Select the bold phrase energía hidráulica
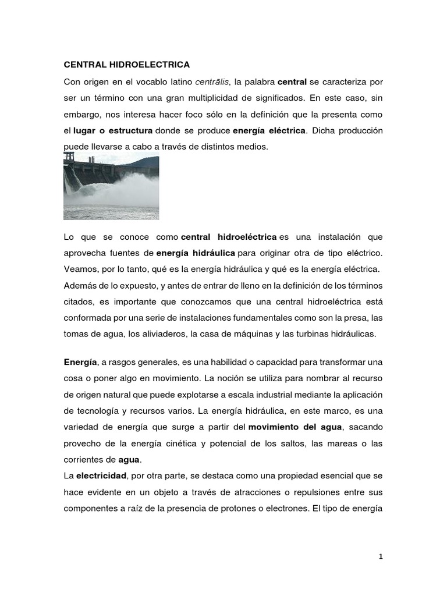196,254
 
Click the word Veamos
80,270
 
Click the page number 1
380,556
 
